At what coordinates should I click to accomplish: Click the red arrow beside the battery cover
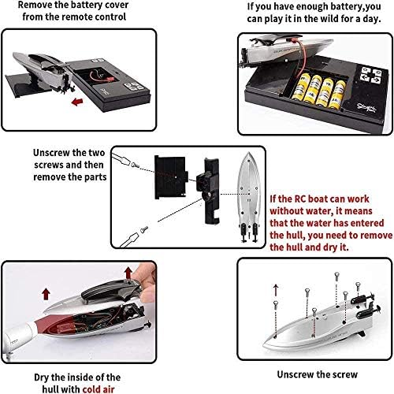click(77, 102)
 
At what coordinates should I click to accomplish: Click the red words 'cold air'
click(98, 389)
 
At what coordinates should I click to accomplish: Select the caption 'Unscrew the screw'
click(318, 374)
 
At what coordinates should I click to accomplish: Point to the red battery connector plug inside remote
click(109, 77)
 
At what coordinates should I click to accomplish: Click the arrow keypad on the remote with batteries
click(371, 75)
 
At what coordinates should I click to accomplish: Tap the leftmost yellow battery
click(300, 87)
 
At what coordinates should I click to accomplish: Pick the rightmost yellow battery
click(337, 95)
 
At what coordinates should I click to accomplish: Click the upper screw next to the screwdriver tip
click(135, 165)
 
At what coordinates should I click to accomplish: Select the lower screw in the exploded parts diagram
click(144, 229)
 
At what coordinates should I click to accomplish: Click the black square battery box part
click(171, 177)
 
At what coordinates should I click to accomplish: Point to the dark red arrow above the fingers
click(128, 273)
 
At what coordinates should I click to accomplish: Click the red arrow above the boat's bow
click(46, 294)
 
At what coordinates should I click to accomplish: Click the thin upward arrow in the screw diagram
click(276, 290)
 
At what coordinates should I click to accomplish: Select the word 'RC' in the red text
click(300, 199)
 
